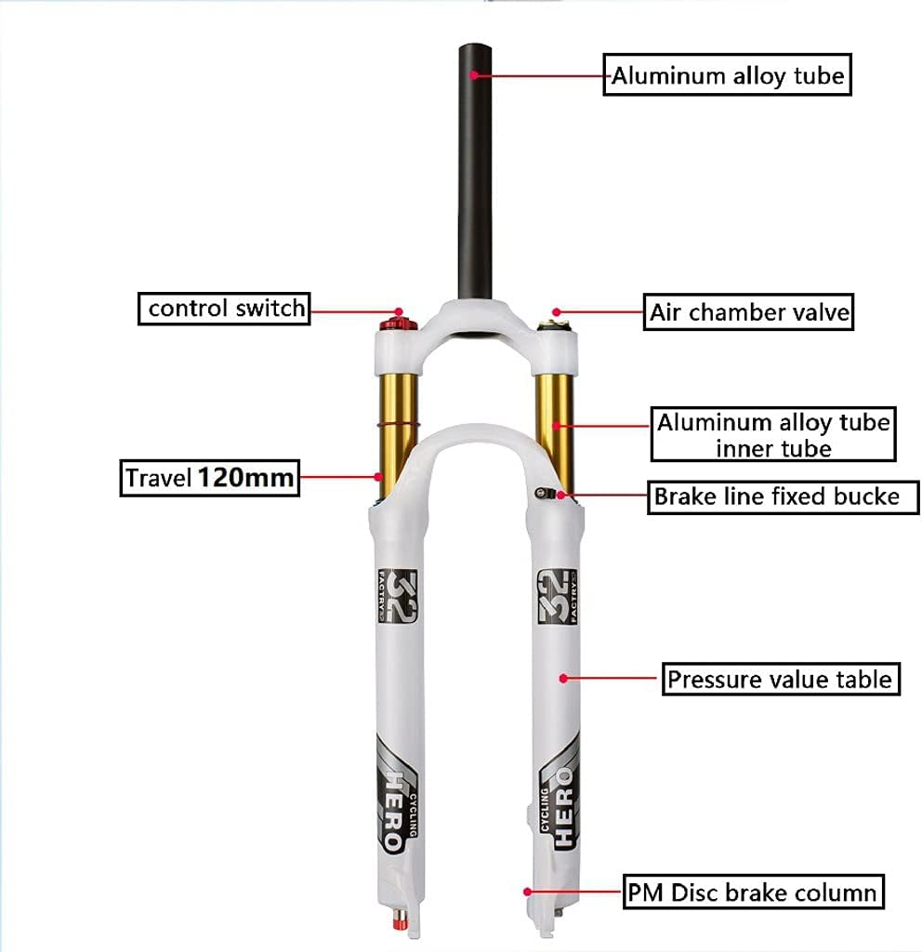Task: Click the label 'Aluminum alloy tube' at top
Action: [728, 74]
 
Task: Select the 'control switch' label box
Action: [225, 308]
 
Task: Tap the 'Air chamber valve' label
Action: [748, 311]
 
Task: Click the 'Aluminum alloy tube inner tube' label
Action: [773, 434]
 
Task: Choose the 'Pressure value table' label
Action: [779, 679]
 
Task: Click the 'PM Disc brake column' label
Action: [753, 893]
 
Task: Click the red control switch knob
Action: [398, 323]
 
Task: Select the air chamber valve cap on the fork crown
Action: [555, 324]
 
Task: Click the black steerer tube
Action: [475, 167]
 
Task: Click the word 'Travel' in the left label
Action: [159, 479]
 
